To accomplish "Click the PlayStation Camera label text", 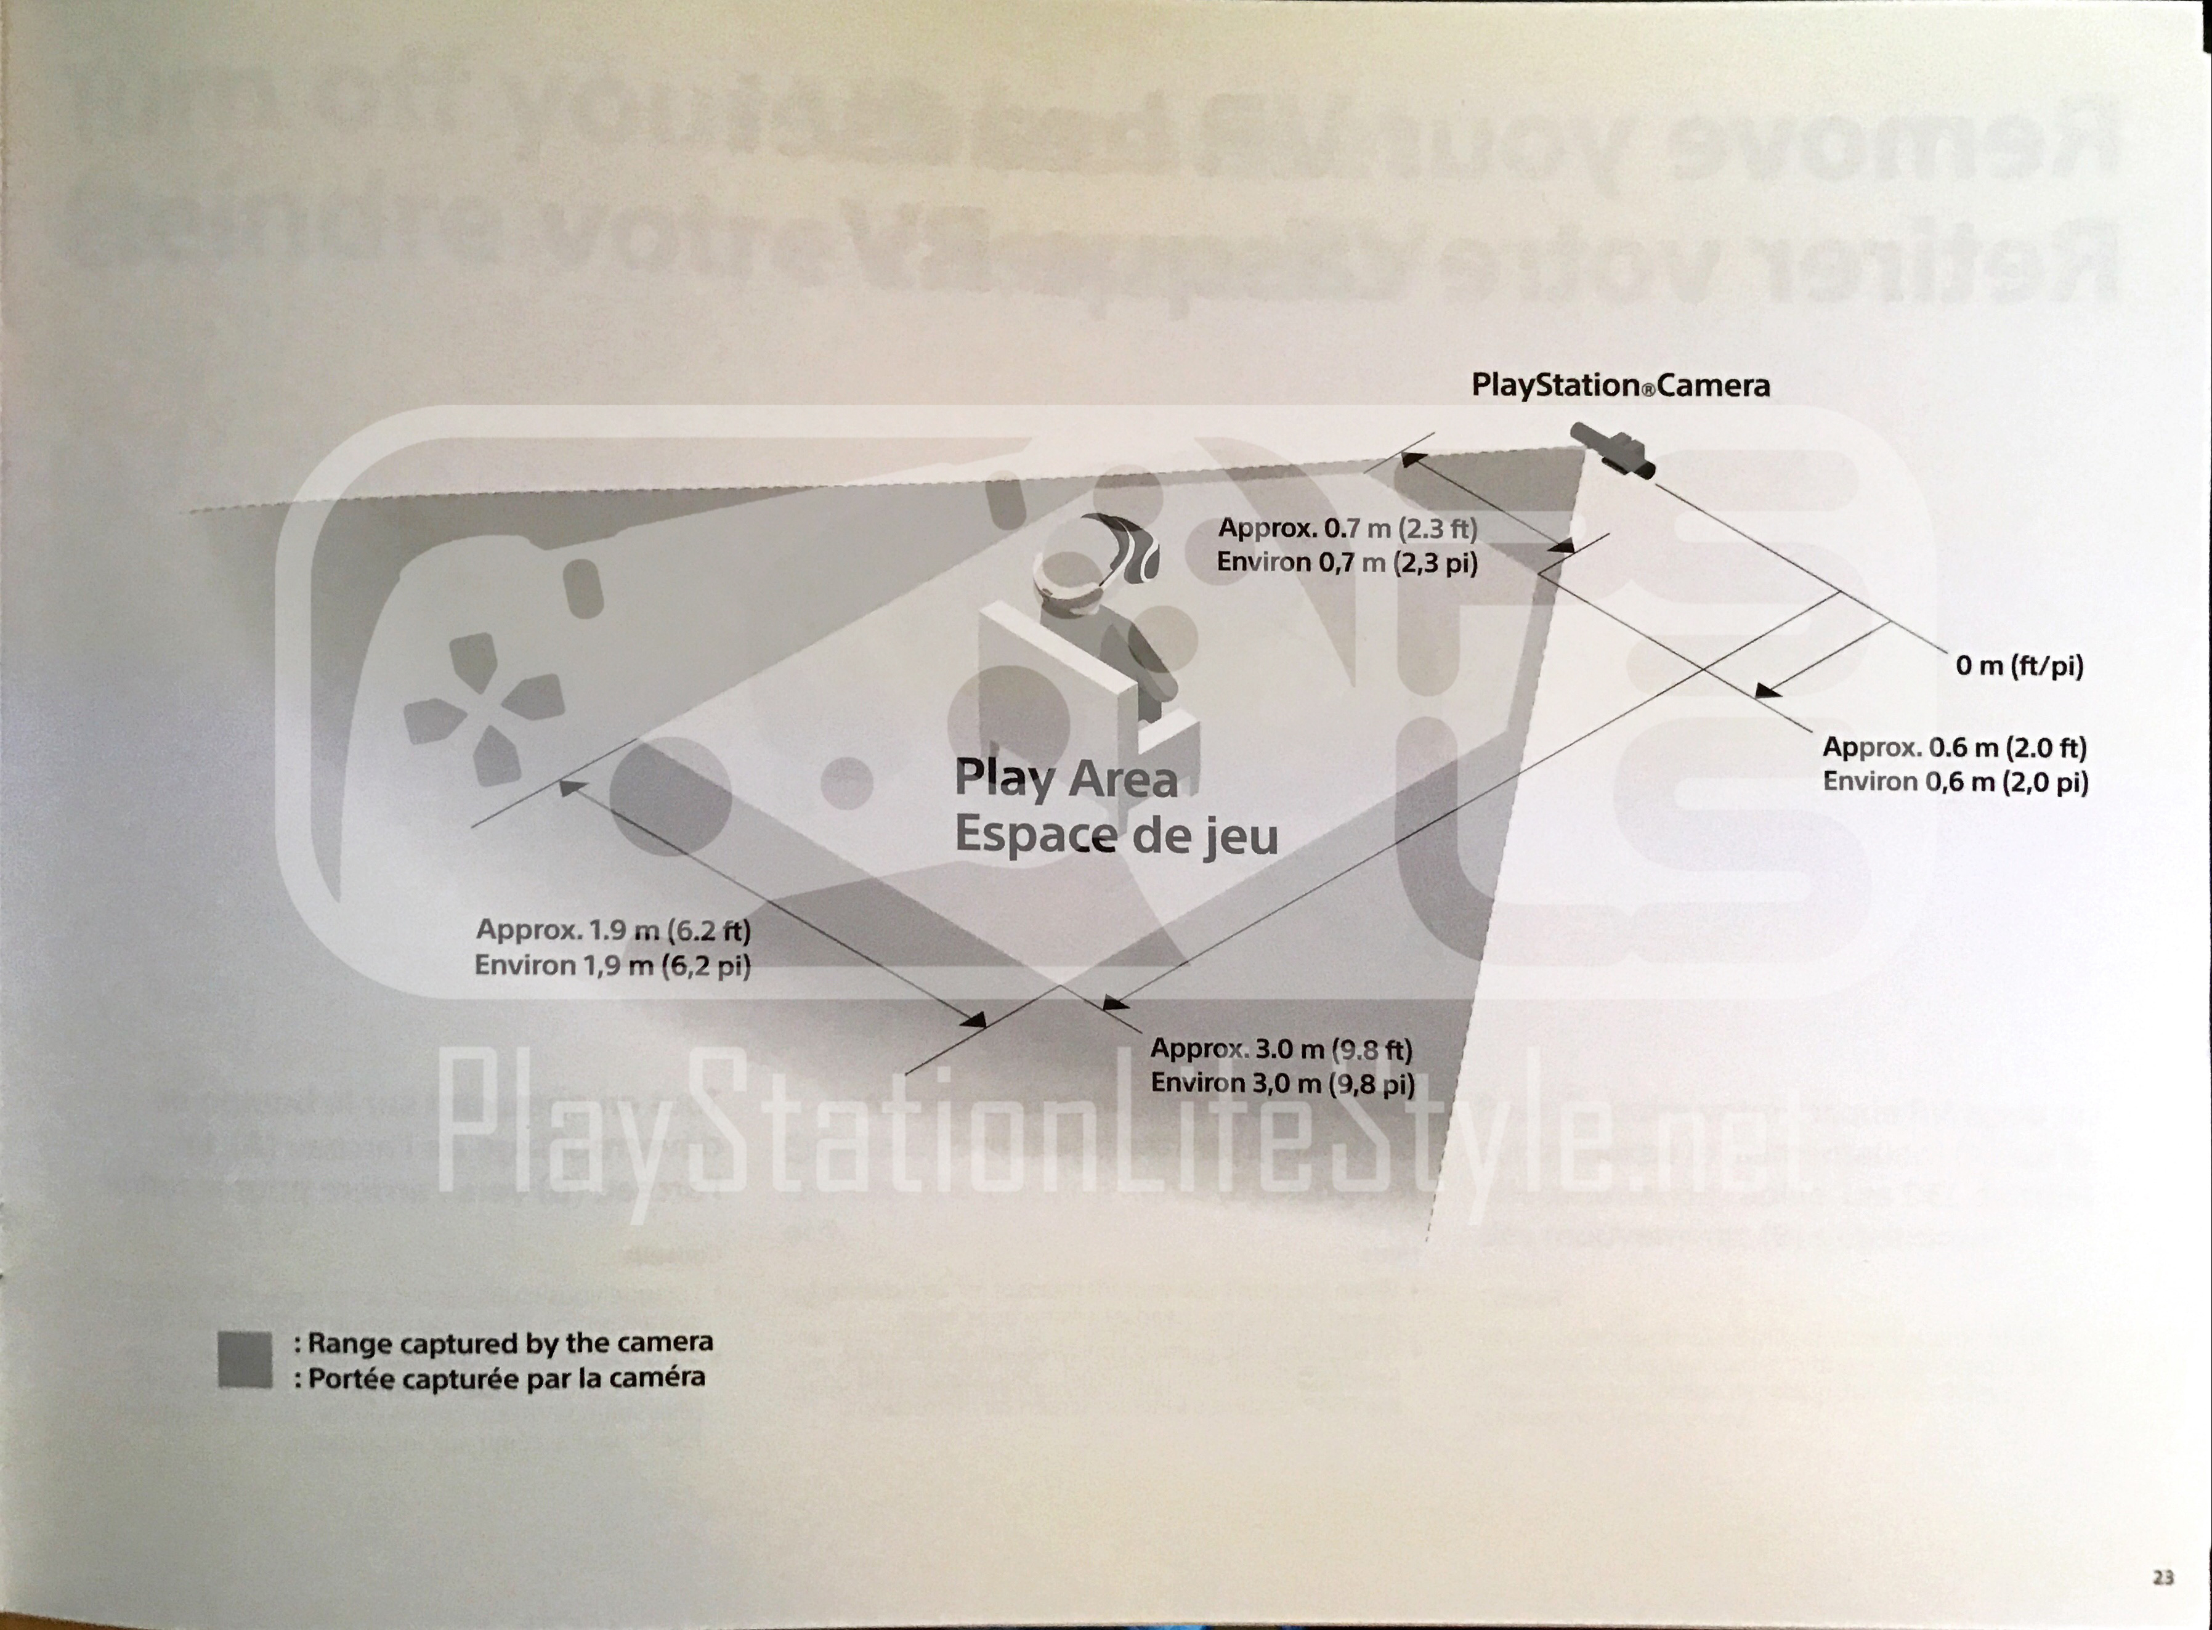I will click(1620, 385).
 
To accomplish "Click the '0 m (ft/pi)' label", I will click(2019, 666).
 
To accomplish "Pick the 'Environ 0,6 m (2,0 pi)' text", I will click(1955, 782).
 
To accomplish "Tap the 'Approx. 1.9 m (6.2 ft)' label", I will click(613, 930).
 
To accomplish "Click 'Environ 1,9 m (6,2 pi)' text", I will click(613, 964).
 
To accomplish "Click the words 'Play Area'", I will click(1066, 779).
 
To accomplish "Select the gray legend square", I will click(245, 1360).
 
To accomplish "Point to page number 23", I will click(2163, 1578).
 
